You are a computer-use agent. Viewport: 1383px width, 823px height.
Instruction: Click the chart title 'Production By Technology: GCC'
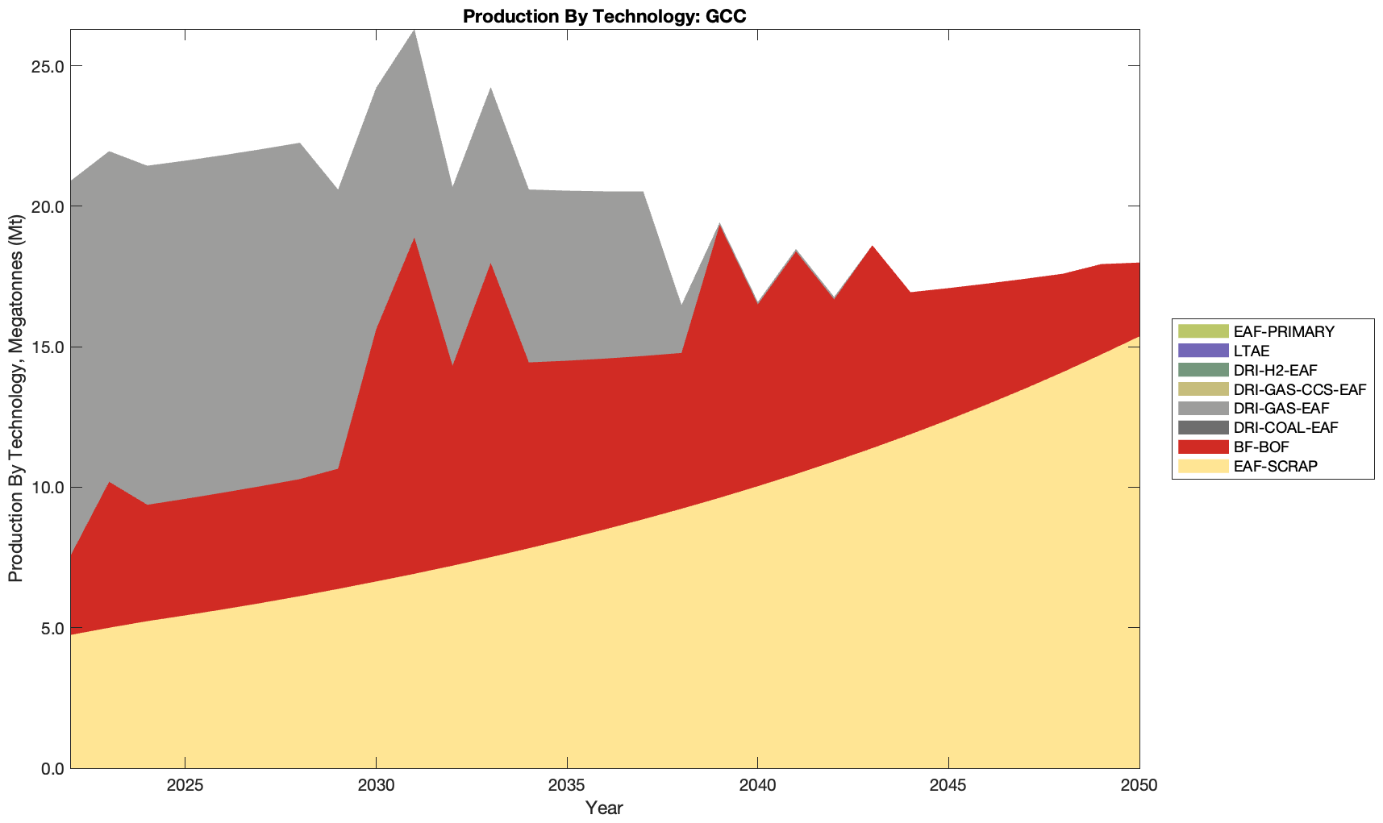[x=604, y=16]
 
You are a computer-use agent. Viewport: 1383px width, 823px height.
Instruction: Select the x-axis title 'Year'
[x=604, y=807]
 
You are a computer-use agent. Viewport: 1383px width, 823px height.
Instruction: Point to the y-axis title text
[x=16, y=398]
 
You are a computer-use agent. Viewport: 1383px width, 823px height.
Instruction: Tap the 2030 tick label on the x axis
[x=376, y=786]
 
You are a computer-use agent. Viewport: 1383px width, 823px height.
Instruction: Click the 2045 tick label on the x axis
[x=948, y=786]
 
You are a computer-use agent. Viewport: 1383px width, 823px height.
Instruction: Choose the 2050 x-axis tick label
[x=1139, y=786]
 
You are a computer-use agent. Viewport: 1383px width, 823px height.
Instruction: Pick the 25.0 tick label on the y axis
[x=48, y=66]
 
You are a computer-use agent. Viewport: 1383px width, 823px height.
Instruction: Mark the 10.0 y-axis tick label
[x=48, y=488]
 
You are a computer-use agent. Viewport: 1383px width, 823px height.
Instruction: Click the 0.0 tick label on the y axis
[x=52, y=768]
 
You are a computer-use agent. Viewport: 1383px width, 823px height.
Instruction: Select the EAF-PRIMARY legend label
[x=1284, y=331]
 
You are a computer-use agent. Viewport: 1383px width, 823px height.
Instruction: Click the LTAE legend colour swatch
[x=1203, y=351]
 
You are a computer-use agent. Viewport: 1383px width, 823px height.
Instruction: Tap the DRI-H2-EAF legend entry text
[x=1275, y=370]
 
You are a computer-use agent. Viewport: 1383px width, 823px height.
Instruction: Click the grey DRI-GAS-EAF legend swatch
[x=1203, y=409]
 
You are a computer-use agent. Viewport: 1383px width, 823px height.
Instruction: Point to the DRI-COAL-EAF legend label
[x=1285, y=427]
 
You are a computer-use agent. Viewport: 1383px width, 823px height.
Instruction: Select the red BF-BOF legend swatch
[x=1203, y=447]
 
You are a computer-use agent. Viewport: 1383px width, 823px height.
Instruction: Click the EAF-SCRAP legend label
[x=1276, y=466]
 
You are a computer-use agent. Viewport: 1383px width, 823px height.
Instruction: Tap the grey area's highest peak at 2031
[x=414, y=31]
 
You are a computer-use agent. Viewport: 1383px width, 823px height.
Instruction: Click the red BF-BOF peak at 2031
[x=414, y=239]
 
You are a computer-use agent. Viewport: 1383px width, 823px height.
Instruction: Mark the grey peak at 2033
[x=490, y=89]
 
